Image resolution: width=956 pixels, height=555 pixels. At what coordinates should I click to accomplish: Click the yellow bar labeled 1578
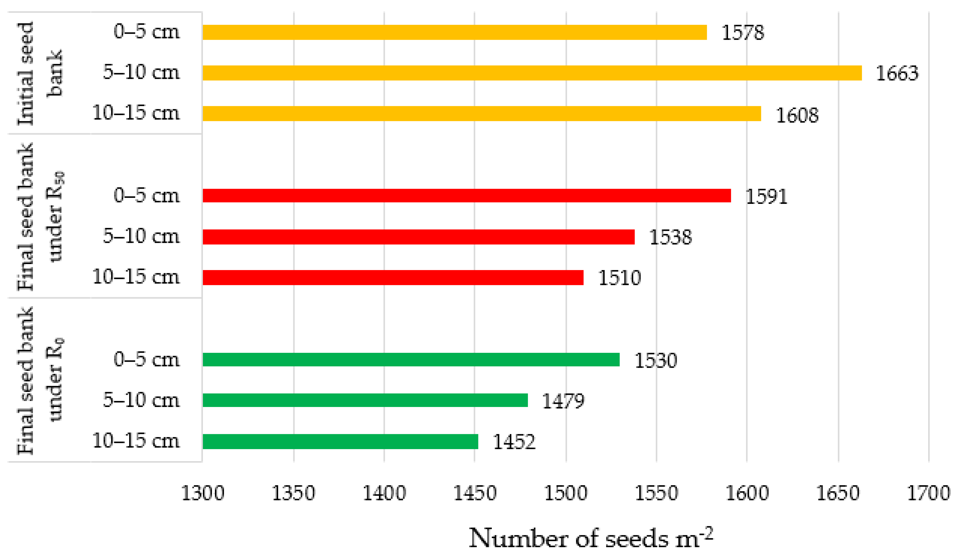point(455,32)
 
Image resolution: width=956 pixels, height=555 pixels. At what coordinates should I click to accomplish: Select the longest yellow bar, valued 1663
point(532,73)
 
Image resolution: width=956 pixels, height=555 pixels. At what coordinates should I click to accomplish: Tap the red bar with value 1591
point(467,195)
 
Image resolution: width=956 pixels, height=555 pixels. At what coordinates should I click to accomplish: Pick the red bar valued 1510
point(393,277)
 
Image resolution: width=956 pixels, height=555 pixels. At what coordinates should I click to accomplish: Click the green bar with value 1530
point(411,359)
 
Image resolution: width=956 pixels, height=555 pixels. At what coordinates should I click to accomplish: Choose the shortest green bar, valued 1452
point(340,441)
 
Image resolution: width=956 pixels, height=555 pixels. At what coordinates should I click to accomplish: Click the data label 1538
point(670,237)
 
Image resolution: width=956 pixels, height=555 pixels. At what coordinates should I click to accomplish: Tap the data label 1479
point(563,401)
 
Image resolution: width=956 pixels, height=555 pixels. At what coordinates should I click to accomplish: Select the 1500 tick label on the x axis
point(566,493)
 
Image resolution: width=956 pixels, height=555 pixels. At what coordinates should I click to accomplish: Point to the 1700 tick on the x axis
point(928,493)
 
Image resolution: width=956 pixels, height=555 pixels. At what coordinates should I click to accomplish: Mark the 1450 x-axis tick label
point(475,493)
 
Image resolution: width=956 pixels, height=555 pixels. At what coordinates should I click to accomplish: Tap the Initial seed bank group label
point(40,73)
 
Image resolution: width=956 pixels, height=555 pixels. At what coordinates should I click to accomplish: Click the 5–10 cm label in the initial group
point(141,72)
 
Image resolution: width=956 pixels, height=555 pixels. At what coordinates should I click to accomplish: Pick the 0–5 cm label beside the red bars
point(146,195)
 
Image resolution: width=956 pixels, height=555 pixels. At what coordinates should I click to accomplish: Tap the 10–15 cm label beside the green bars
point(136,440)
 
